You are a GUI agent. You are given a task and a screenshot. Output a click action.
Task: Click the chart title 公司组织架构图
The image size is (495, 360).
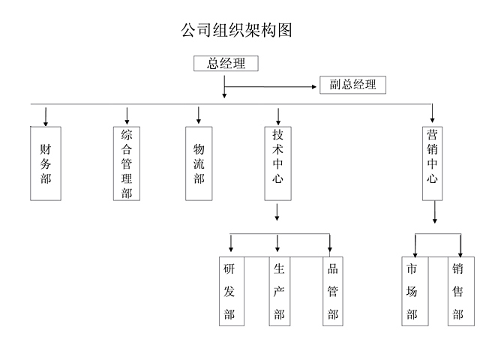point(236,30)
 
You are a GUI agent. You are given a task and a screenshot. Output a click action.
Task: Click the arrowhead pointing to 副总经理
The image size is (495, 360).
point(313,86)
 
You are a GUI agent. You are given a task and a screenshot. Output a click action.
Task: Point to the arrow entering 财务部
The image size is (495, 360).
point(46,117)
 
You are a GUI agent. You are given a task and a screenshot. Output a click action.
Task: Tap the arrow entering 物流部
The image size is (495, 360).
point(198,115)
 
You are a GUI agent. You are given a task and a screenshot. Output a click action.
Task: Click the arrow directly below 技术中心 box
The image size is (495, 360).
point(277,212)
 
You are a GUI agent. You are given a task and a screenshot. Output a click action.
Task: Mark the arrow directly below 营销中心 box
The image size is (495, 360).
point(435,212)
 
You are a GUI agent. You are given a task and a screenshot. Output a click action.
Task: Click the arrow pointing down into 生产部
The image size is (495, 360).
point(277,243)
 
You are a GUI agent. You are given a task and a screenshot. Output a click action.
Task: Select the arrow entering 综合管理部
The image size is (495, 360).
point(127,116)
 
